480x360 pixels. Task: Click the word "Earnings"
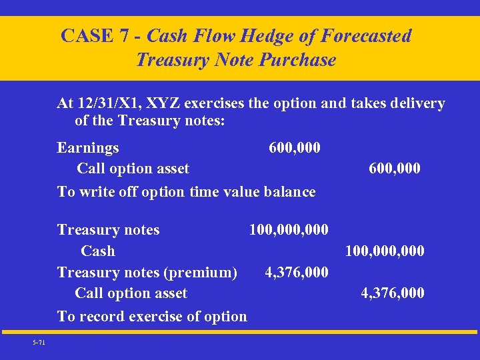(x=88, y=147)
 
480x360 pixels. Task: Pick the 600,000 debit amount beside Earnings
(x=294, y=147)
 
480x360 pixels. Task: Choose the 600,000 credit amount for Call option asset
(x=394, y=169)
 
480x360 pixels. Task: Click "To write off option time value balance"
(x=186, y=192)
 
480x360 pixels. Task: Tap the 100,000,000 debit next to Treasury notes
(x=288, y=230)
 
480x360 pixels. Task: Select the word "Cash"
(x=97, y=251)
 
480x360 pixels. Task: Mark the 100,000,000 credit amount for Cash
(x=384, y=251)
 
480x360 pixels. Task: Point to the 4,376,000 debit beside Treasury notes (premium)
(x=296, y=272)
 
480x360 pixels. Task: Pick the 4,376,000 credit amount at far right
(x=392, y=293)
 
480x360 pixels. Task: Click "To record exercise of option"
(x=152, y=316)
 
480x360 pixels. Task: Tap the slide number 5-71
(x=39, y=343)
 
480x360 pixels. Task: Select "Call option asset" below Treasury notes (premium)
(x=131, y=293)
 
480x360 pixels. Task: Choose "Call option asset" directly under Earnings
(x=133, y=169)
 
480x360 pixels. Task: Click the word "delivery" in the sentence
(x=418, y=103)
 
